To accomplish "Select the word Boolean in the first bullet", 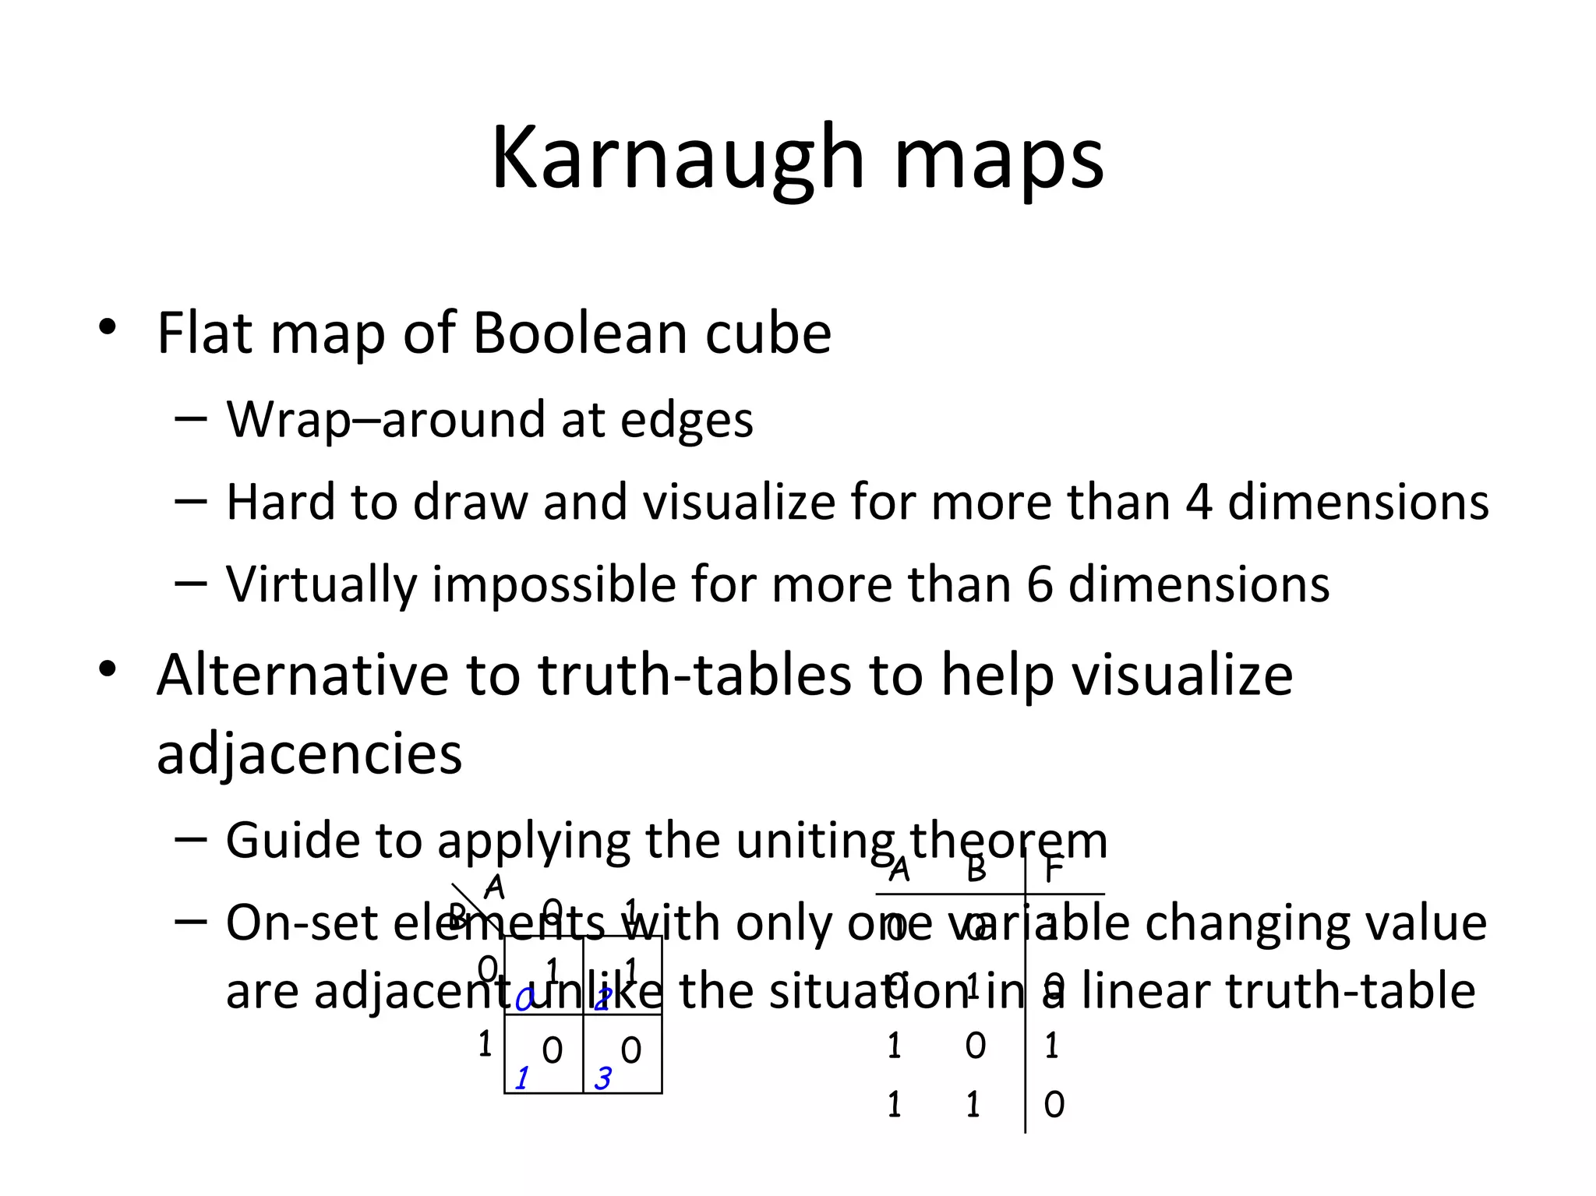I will pyautogui.click(x=579, y=333).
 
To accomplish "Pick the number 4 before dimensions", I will pyautogui.click(x=1199, y=502).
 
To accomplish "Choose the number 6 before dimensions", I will pyautogui.click(x=1039, y=584).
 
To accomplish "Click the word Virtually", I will pyautogui.click(x=320, y=586).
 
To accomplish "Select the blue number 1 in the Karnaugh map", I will pyautogui.click(x=521, y=1078).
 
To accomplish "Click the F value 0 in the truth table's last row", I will pyautogui.click(x=1054, y=1105).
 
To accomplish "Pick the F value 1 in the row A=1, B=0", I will pyautogui.click(x=1052, y=1046).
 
